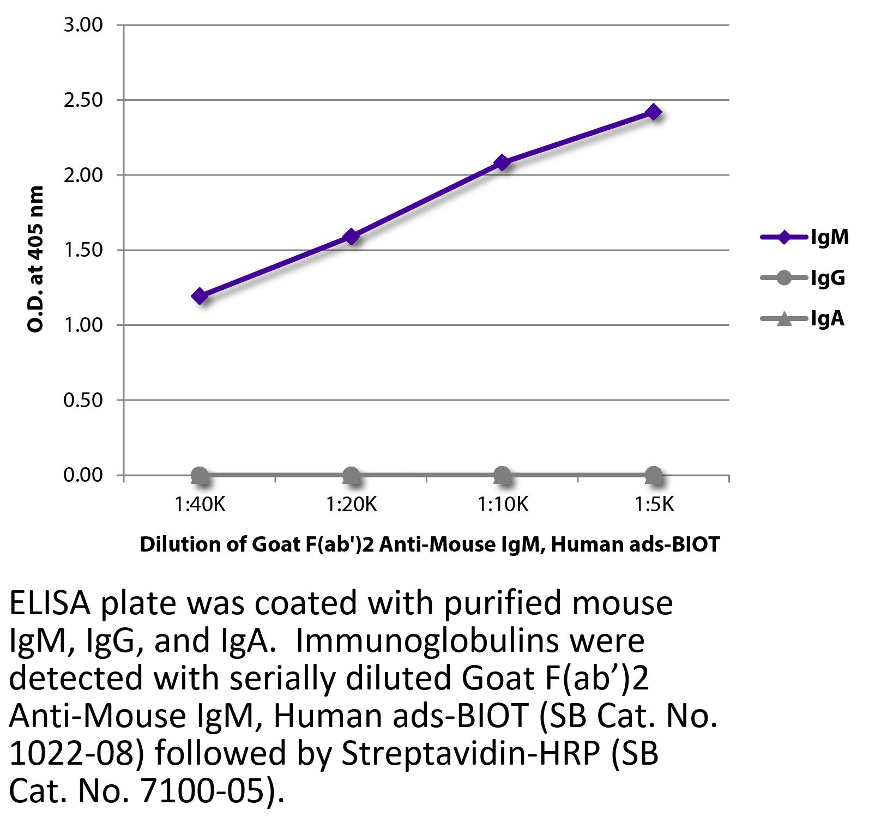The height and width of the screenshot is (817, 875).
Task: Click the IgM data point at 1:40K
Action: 200,296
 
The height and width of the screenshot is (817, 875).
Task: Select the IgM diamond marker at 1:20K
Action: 351,237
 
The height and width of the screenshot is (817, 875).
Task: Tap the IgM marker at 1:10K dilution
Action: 502,162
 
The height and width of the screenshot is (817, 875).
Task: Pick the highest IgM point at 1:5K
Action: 653,112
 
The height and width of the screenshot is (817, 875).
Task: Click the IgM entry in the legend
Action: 829,237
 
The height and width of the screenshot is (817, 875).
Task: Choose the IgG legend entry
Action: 828,278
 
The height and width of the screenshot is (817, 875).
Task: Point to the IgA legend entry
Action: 827,318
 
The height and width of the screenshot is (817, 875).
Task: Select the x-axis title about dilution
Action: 430,544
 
